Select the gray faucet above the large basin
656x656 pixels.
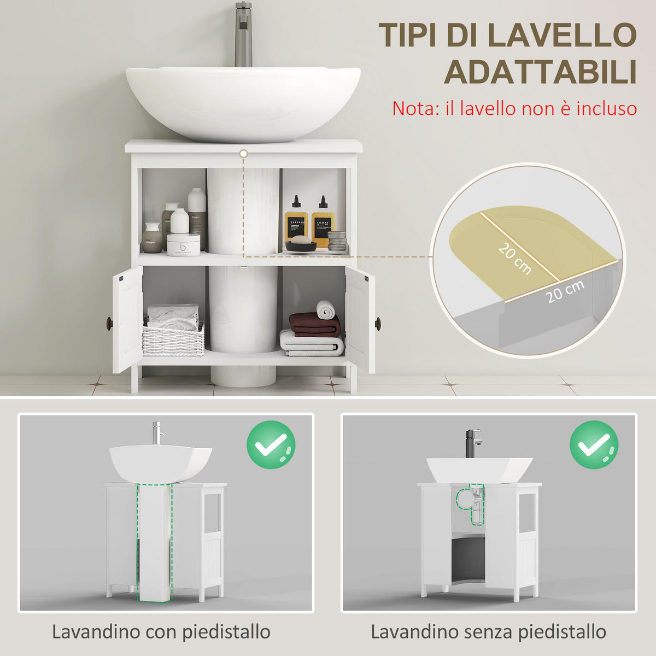[x=244, y=34]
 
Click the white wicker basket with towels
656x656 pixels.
[x=173, y=339]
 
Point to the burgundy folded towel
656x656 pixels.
[x=315, y=325]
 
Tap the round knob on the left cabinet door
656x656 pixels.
[x=110, y=321]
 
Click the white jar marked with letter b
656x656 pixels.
[x=184, y=244]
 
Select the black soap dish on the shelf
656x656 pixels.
[x=301, y=246]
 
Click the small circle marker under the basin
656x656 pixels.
[x=243, y=154]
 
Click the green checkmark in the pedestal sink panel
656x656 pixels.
[x=271, y=444]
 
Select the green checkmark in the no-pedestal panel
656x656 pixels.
[x=594, y=444]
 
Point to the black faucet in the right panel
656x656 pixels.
[x=473, y=443]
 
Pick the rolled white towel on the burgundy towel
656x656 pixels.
[x=326, y=310]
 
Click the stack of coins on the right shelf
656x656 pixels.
[x=337, y=242]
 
